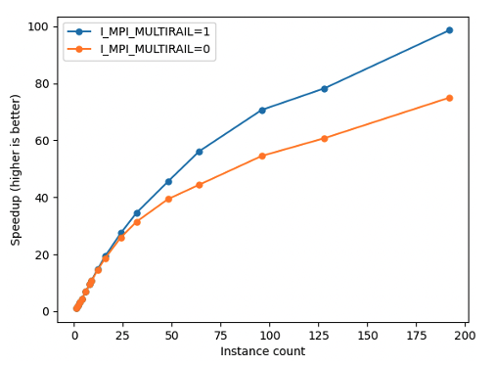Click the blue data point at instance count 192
tap(449, 30)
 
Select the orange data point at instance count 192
tap(449, 98)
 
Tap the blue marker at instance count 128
tap(324, 88)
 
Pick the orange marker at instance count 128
tap(324, 138)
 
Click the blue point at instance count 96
tap(262, 110)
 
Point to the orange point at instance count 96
tap(262, 156)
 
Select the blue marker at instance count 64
tap(199, 152)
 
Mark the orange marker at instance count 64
tap(199, 185)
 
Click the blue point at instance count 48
tap(168, 181)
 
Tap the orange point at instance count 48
tap(168, 199)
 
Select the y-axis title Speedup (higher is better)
tap(16, 169)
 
